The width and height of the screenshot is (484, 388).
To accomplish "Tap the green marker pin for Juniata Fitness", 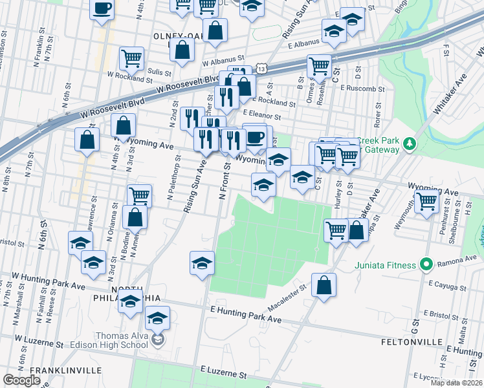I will pos(425,264).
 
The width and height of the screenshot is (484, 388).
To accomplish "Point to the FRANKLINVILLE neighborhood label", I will pos(65,370).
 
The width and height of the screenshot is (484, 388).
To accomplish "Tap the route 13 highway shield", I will pos(261,67).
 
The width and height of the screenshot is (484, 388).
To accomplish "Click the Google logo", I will pos(21,380).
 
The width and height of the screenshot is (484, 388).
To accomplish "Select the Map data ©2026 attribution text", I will pos(456,383).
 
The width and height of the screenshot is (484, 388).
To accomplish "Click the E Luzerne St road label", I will pos(224,374).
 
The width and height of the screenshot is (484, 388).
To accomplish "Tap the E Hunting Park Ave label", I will pos(247,315).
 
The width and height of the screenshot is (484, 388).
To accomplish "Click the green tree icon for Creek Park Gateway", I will pos(408,142).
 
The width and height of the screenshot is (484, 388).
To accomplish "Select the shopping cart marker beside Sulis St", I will pos(131,58).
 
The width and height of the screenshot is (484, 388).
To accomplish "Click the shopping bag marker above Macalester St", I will pos(324,285).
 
